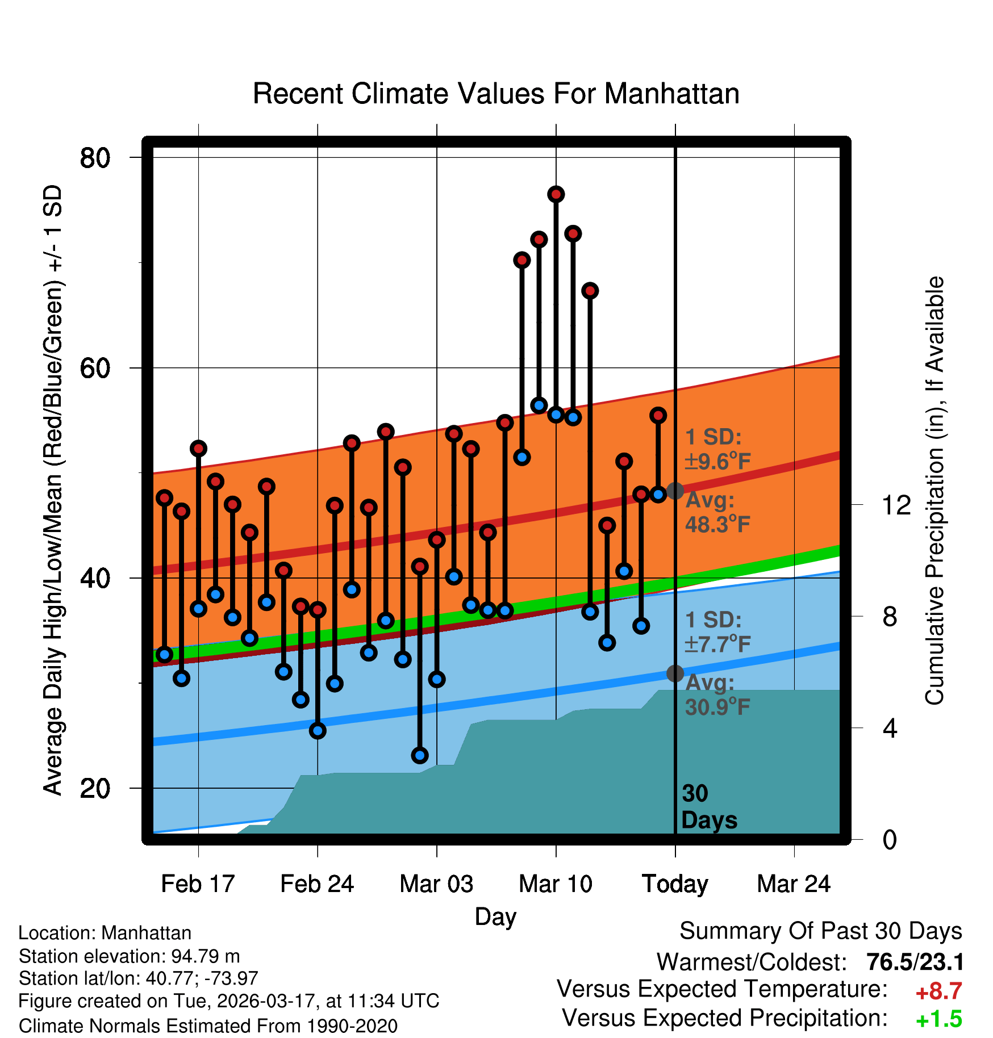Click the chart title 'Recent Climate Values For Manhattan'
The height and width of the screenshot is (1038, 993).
tap(496, 94)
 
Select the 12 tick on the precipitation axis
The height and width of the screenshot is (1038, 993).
tap(896, 505)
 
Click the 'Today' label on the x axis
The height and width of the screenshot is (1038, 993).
tap(675, 884)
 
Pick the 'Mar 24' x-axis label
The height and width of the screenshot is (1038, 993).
tap(794, 884)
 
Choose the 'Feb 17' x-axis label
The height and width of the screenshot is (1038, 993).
tap(198, 884)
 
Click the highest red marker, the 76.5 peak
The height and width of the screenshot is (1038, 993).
tap(556, 194)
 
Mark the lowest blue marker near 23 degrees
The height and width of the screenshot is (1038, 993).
tap(420, 755)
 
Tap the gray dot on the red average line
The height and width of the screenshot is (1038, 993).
tap(675, 491)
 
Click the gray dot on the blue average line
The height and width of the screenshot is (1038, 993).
tap(675, 673)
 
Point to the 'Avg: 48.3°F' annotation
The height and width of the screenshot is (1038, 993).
tap(717, 512)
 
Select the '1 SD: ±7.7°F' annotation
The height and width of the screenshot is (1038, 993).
tap(717, 632)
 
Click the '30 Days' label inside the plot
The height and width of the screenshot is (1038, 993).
tap(708, 807)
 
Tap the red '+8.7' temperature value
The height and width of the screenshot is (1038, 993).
tap(938, 991)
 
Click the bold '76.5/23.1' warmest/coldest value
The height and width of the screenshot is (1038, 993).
tap(915, 962)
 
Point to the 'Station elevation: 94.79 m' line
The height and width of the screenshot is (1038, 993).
tap(130, 956)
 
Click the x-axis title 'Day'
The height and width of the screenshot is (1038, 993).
tap(496, 916)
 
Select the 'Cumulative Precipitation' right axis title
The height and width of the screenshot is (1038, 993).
tap(934, 491)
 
